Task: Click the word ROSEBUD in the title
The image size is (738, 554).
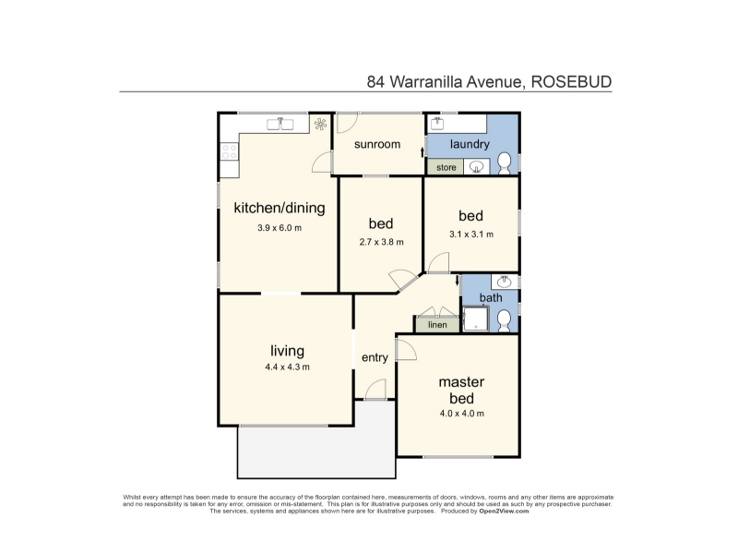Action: pyautogui.click(x=571, y=82)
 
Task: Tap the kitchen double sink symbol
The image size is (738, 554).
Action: pyautogui.click(x=280, y=124)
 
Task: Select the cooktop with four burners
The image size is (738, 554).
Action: pyautogui.click(x=229, y=151)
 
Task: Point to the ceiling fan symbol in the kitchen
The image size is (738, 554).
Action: pyautogui.click(x=320, y=124)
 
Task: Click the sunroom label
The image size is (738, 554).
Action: pyautogui.click(x=377, y=144)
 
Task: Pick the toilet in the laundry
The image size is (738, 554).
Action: pyautogui.click(x=504, y=163)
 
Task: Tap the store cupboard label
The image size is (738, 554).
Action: pyautogui.click(x=446, y=167)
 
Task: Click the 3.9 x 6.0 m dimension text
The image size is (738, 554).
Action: pyautogui.click(x=280, y=228)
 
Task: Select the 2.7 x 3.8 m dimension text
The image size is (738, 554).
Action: pyautogui.click(x=381, y=242)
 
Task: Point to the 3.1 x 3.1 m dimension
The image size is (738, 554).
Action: pyautogui.click(x=471, y=235)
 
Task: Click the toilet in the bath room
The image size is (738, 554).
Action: pyautogui.click(x=504, y=320)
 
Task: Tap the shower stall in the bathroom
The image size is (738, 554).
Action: pyautogui.click(x=476, y=319)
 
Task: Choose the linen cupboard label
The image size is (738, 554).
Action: pyautogui.click(x=437, y=325)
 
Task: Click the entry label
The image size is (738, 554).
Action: pyautogui.click(x=375, y=357)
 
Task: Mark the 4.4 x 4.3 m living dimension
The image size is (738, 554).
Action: pyautogui.click(x=287, y=367)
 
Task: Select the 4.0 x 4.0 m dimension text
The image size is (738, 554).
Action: pyautogui.click(x=462, y=414)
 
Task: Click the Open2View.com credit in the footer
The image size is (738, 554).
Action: pyautogui.click(x=504, y=512)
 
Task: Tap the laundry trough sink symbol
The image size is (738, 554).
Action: pyautogui.click(x=437, y=124)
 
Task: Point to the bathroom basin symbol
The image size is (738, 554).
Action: pyautogui.click(x=505, y=282)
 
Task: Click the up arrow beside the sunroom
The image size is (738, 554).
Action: pyautogui.click(x=423, y=152)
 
